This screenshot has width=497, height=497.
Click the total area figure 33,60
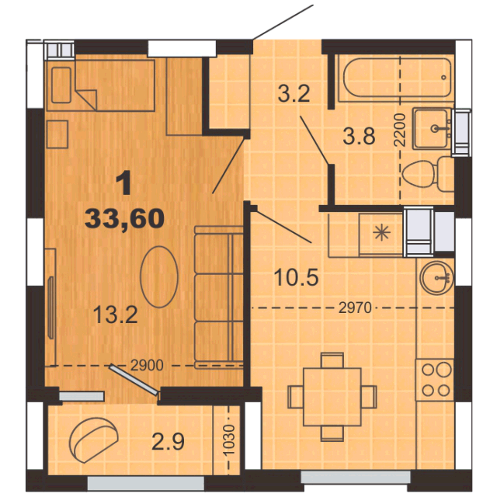tap(124, 219)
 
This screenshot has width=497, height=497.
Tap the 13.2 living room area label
tap(116, 315)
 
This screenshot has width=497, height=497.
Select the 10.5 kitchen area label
tap(296, 277)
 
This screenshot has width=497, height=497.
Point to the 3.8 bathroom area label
tap(359, 137)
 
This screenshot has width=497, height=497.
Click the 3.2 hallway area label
tap(294, 94)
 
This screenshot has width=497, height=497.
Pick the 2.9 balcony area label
tap(168, 442)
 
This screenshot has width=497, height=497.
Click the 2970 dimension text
tap(355, 308)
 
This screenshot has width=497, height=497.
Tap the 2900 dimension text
tap(147, 366)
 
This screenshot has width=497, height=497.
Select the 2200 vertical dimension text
tap(400, 130)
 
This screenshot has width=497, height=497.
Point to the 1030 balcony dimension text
tap(229, 440)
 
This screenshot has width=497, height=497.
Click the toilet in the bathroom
tap(428, 174)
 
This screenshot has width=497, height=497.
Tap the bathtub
tap(394, 78)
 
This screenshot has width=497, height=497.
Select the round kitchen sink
tap(436, 278)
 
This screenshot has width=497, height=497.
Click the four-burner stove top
tap(435, 380)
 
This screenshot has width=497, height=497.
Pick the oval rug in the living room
tap(159, 276)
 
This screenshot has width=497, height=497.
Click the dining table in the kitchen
tap(332, 397)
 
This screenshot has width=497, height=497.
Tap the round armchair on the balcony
tap(93, 440)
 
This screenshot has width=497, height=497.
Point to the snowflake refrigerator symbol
tap(381, 233)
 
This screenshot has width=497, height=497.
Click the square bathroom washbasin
tap(432, 129)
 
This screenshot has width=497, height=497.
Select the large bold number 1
tap(124, 183)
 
